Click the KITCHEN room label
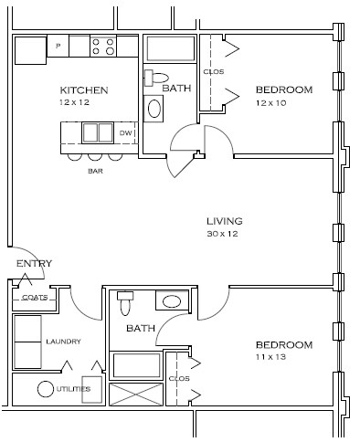click(x=84, y=90)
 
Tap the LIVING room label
click(x=225, y=221)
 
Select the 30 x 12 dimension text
click(x=222, y=234)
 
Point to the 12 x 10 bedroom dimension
click(x=270, y=103)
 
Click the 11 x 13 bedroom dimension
click(x=270, y=356)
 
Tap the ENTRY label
click(x=34, y=263)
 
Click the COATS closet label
click(x=35, y=298)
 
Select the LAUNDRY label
click(x=63, y=342)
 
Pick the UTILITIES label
click(x=73, y=389)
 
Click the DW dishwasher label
click(x=125, y=133)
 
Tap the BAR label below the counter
click(x=95, y=171)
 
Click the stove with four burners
click(x=103, y=47)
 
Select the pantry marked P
click(x=58, y=46)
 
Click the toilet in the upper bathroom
click(x=156, y=78)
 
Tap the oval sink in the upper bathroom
click(x=154, y=109)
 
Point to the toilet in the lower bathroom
click(x=125, y=303)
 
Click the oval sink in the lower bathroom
click(x=172, y=301)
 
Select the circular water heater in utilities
click(x=46, y=389)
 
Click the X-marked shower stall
click(x=136, y=395)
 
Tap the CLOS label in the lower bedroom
click(x=179, y=378)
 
